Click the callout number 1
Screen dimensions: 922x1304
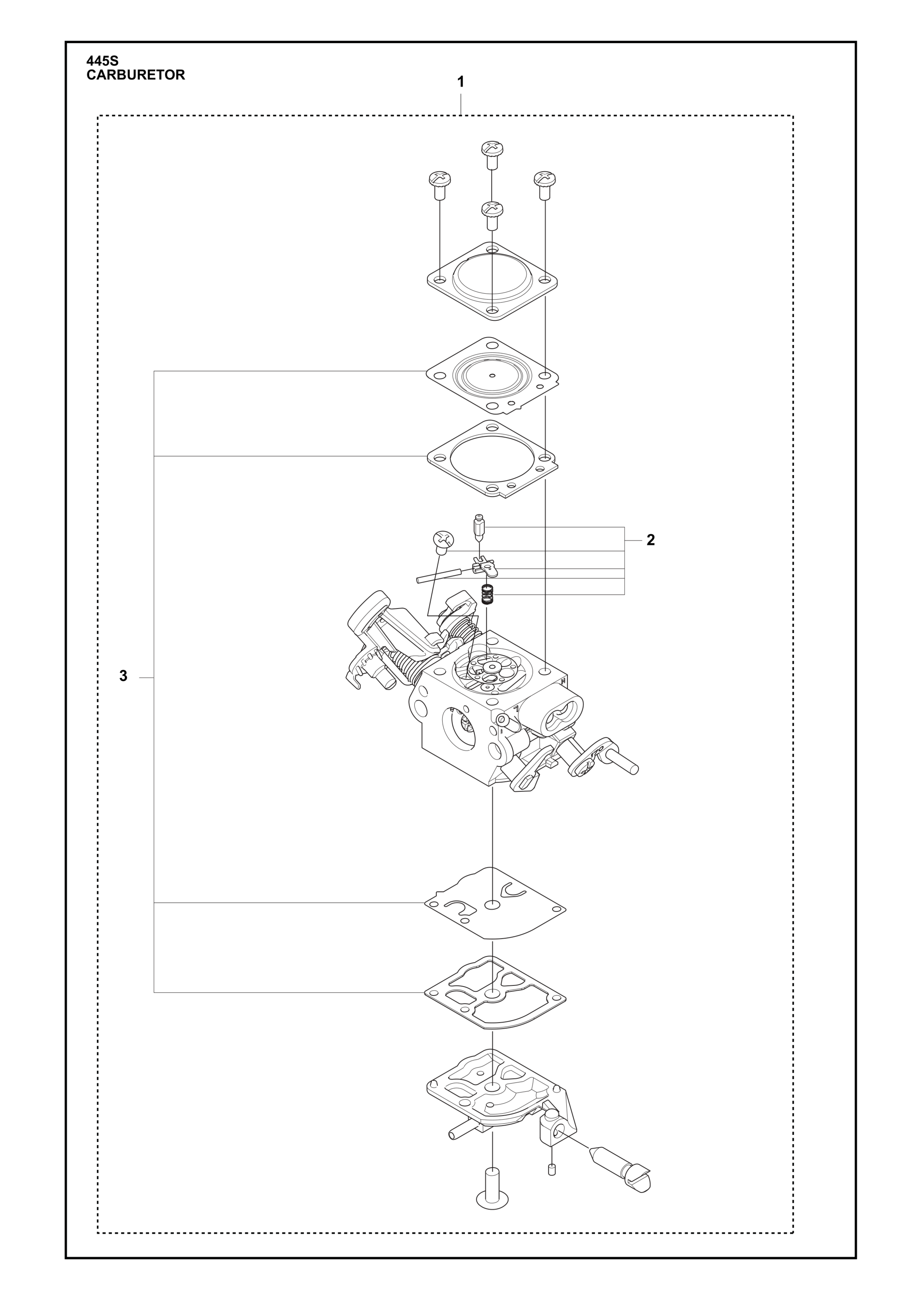[x=461, y=82]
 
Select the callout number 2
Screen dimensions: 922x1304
[x=651, y=540]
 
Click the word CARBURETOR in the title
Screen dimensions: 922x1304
[x=136, y=75]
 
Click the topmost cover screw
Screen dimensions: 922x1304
[x=492, y=155]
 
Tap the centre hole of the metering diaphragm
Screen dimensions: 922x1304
[x=492, y=375]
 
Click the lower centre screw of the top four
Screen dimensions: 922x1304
[x=492, y=215]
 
